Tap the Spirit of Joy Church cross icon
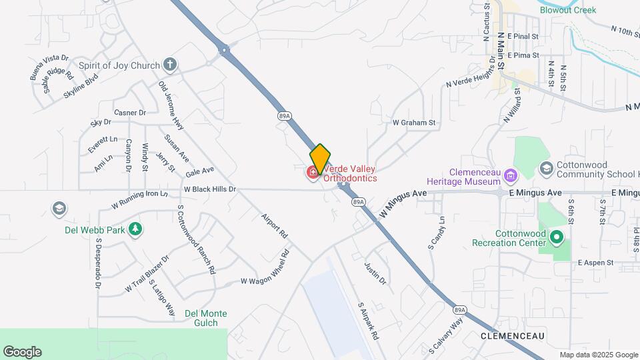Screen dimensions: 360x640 click(x=170, y=65)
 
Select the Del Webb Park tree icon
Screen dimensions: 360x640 click(x=136, y=230)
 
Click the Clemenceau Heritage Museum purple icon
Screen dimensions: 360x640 click(x=511, y=177)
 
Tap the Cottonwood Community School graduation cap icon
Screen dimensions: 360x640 click(x=547, y=167)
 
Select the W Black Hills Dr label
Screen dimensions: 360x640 click(x=210, y=189)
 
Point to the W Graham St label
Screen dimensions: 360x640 click(x=413, y=123)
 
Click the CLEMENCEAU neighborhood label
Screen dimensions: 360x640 click(x=513, y=335)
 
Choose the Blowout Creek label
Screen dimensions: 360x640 click(x=568, y=10)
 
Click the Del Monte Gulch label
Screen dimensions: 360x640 click(x=206, y=319)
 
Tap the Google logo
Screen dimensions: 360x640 click(x=22, y=352)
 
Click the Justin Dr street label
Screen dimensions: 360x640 click(x=375, y=273)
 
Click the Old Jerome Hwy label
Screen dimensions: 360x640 click(x=171, y=105)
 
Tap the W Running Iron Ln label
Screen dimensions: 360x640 click(x=140, y=199)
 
